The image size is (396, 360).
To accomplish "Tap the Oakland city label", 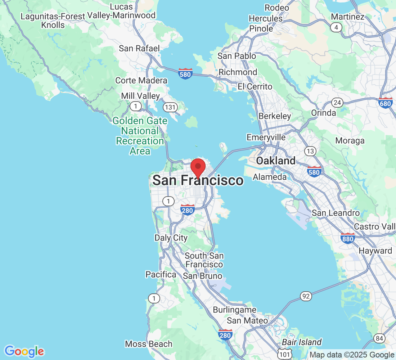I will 276,161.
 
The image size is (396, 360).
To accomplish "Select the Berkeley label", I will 275,116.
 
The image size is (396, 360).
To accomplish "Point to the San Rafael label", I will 139,48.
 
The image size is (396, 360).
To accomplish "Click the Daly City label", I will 171,238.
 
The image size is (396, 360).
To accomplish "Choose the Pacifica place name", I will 161,274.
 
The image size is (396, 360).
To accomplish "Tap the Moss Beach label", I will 149,344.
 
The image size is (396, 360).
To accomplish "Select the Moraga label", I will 350,140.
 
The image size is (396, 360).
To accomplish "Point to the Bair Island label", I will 302,342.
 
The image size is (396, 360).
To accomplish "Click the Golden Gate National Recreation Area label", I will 140,136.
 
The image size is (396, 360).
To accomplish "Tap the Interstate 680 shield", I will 386,103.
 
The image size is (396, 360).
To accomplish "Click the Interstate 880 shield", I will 348,238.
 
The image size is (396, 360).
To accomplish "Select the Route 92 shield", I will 305,296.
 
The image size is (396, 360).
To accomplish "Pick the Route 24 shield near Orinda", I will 337,103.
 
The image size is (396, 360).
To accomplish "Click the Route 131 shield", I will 170,107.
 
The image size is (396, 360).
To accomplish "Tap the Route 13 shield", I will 310,150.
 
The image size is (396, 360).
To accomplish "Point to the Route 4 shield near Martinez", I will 337,27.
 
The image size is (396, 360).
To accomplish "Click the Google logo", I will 24,351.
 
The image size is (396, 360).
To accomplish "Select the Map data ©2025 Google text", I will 352,355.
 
